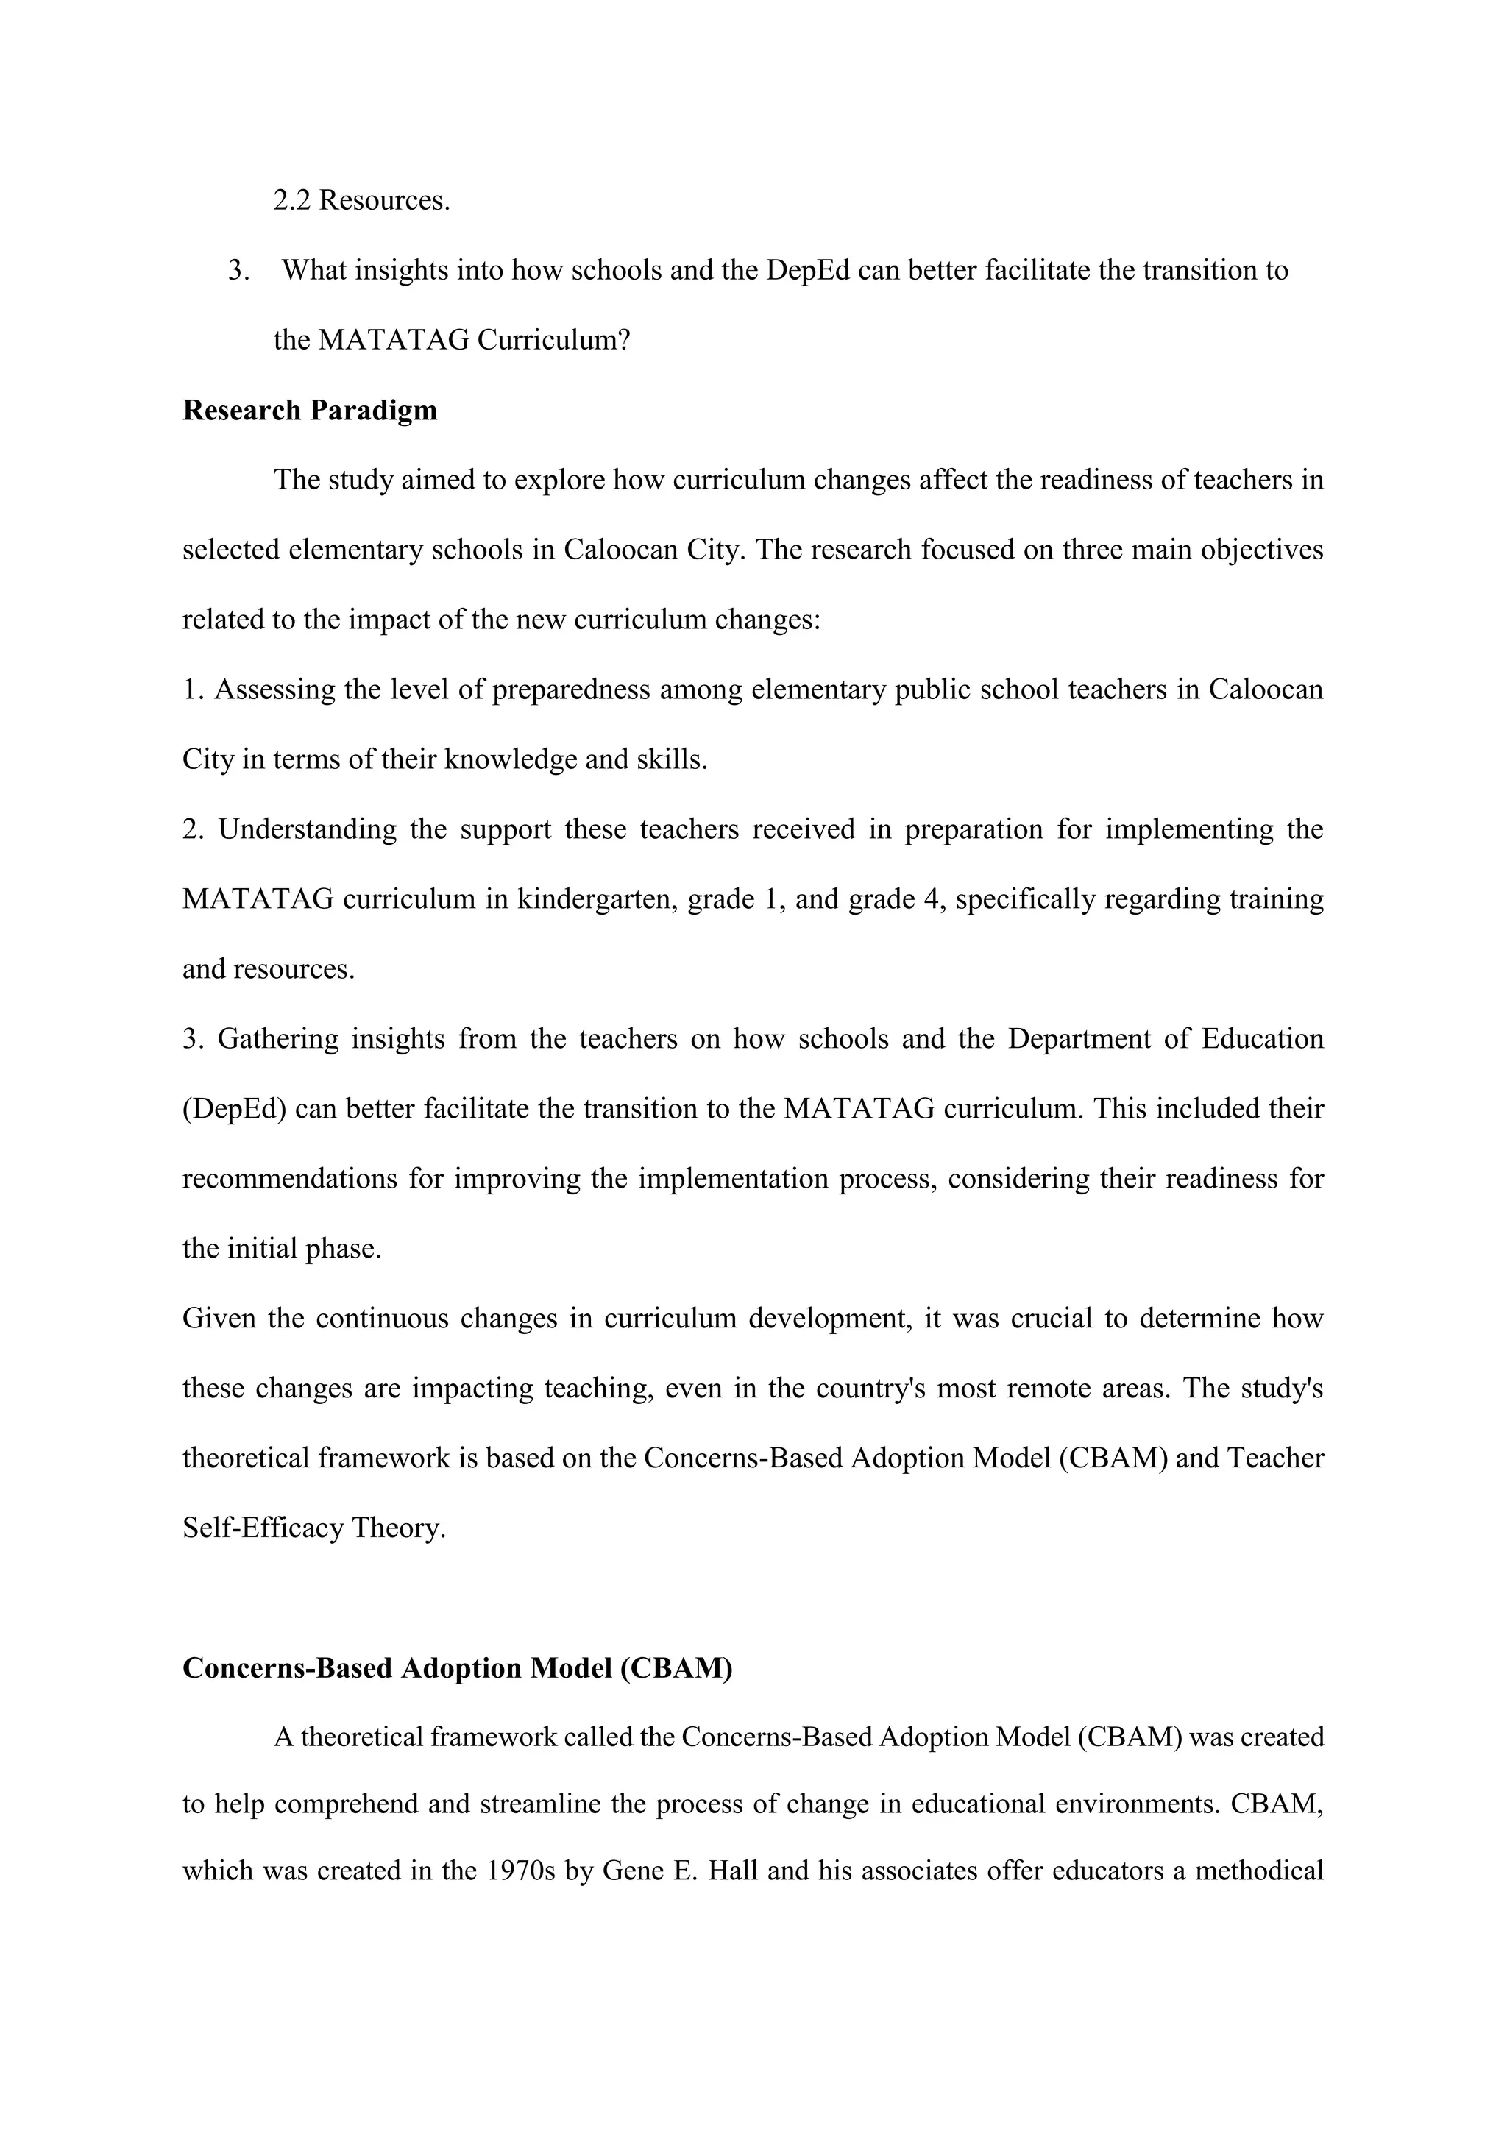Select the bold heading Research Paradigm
pyautogui.click(x=309, y=411)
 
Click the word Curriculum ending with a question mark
pyautogui.click(x=553, y=341)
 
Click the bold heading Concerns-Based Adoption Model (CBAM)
pyautogui.click(x=458, y=1668)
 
